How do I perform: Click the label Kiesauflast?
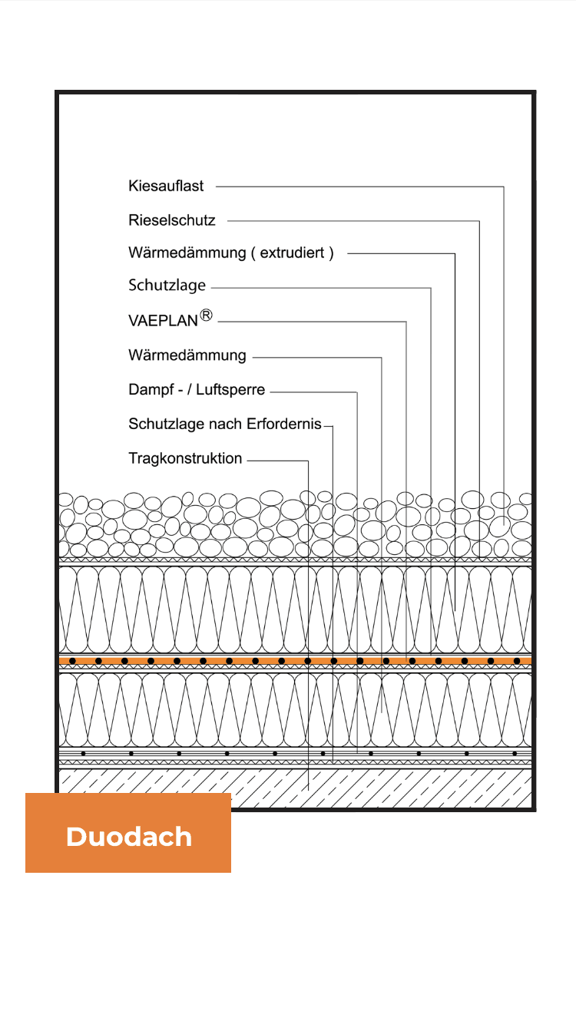166,186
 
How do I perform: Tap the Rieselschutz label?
172,220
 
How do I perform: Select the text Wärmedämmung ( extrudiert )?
231,253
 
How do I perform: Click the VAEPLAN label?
164,320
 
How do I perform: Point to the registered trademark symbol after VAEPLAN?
207,315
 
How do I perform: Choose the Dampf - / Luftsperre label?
197,389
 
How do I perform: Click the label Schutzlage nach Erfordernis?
225,424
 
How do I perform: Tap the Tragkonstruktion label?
185,458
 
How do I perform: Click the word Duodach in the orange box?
129,837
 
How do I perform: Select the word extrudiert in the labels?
293,253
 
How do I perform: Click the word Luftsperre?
230,389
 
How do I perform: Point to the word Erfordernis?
284,424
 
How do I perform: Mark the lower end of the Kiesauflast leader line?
504,525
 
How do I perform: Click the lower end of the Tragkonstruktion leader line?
309,790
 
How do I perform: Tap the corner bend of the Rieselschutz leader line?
479,221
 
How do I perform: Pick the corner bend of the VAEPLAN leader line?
406,322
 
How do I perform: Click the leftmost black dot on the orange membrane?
72,661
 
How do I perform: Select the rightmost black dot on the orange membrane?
517,661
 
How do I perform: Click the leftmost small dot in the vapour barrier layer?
83,753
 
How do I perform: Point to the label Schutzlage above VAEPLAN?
167,286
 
